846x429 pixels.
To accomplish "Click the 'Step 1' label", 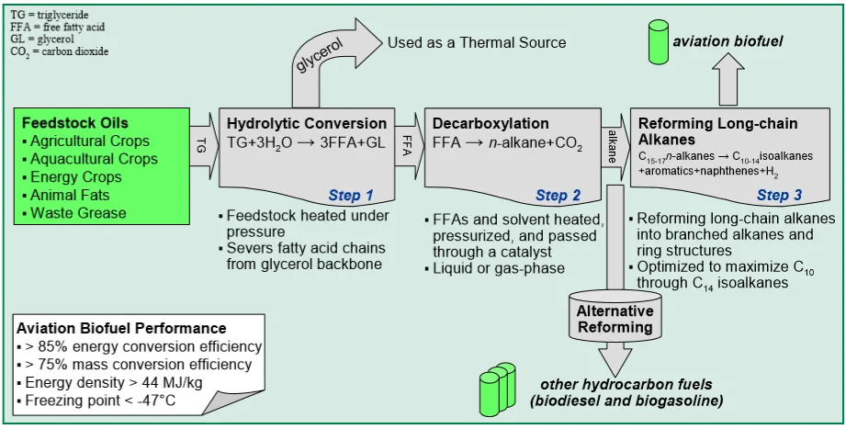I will tap(351, 195).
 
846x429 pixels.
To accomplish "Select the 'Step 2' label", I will tap(558, 195).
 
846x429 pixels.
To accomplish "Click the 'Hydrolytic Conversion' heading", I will tap(307, 123).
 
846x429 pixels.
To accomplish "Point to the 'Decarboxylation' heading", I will tap(491, 123).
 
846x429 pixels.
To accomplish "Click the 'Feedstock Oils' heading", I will tap(74, 122).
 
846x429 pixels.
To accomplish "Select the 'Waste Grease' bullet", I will tap(78, 213).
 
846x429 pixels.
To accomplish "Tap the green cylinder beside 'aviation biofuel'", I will tap(658, 40).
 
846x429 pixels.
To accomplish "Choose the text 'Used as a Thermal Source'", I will tap(477, 42).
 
